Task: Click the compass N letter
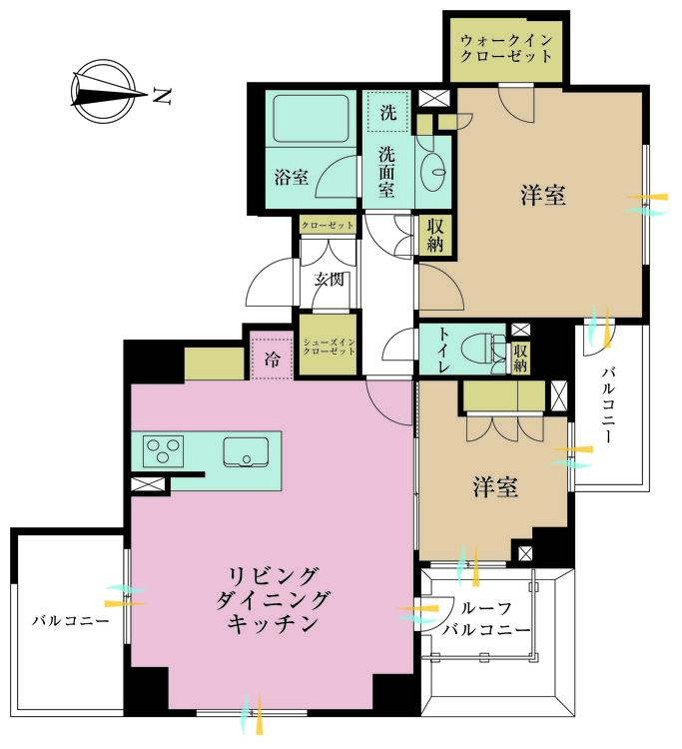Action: (162, 97)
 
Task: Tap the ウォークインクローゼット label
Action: (505, 48)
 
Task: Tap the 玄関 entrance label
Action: (330, 280)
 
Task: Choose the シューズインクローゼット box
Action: (327, 350)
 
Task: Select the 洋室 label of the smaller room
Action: (495, 488)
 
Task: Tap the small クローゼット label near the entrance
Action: (328, 226)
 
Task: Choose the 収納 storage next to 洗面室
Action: (435, 236)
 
